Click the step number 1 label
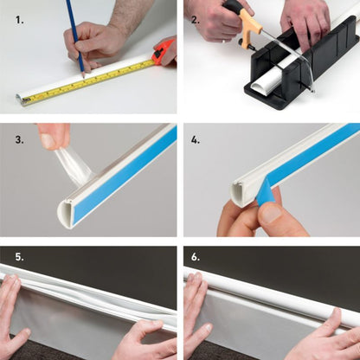click(x=20, y=20)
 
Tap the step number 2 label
click(x=196, y=20)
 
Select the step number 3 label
click(x=20, y=140)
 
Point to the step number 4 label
click(x=196, y=140)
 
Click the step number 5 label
click(x=20, y=257)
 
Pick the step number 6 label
click(x=196, y=257)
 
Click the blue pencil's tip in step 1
click(x=84, y=77)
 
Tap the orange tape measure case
click(x=164, y=49)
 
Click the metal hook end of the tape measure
click(x=26, y=100)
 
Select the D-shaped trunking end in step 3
click(x=65, y=214)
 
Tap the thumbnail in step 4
click(x=271, y=214)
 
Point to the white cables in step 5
click(x=95, y=297)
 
